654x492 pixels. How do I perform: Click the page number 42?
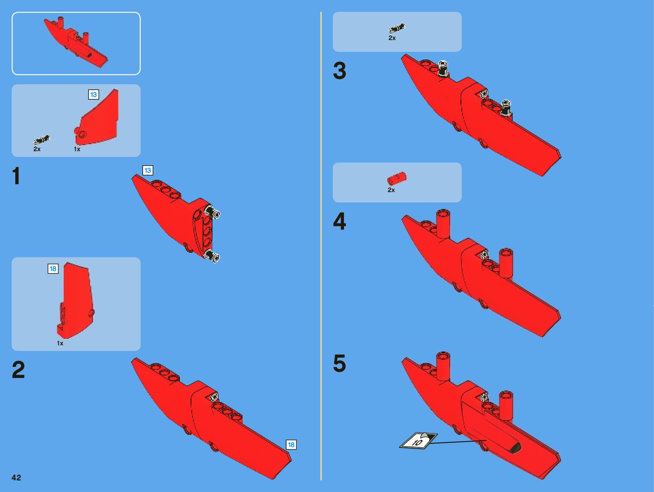click(16, 478)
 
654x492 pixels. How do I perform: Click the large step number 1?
click(16, 176)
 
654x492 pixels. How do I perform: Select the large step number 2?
click(18, 370)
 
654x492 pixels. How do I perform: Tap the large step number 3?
click(339, 71)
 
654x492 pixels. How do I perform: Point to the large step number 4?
click(339, 221)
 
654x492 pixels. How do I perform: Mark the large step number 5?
click(339, 364)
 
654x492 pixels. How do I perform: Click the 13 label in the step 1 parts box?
click(93, 95)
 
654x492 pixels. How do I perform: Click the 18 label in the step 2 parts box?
click(53, 269)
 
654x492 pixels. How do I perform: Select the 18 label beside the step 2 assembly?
click(291, 444)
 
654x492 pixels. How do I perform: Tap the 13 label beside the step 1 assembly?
click(148, 170)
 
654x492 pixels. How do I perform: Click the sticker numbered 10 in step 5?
click(418, 441)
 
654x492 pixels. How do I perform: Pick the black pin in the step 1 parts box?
click(42, 140)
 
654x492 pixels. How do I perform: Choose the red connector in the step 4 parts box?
click(396, 178)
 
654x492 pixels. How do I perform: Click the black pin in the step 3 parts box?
click(397, 29)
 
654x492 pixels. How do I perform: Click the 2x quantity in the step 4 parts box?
click(391, 190)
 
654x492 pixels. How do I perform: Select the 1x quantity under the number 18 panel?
click(60, 343)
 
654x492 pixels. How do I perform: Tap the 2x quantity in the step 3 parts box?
click(392, 38)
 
